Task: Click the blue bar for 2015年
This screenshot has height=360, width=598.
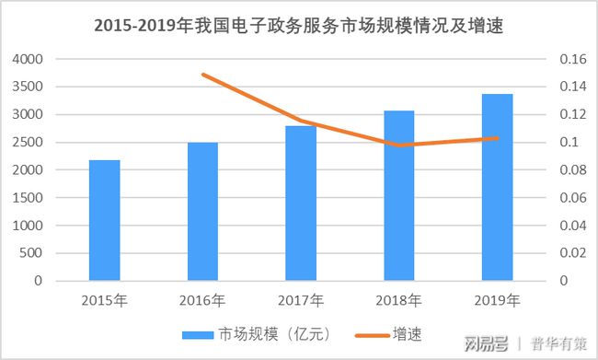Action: [104, 220]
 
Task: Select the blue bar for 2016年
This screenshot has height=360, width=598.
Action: [202, 211]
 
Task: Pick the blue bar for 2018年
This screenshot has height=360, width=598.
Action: [399, 195]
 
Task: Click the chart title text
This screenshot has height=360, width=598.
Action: [299, 26]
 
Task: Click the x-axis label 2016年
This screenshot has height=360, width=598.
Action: [202, 300]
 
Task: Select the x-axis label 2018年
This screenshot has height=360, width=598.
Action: [399, 300]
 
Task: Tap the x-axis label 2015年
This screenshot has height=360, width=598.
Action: [104, 300]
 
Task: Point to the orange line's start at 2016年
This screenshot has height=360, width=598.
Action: [202, 75]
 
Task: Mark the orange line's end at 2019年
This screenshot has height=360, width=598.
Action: [497, 138]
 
